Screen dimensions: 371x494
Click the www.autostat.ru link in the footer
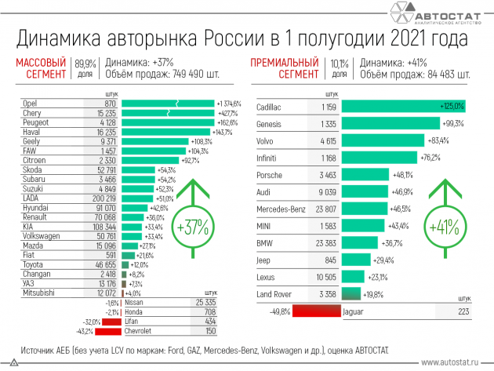452,362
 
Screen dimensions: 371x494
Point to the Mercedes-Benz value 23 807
322,209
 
